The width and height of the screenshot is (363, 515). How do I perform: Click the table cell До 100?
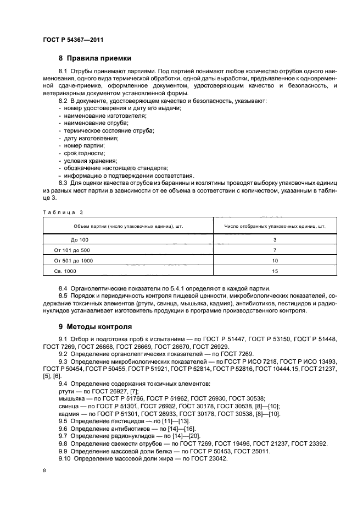pyautogui.click(x=79, y=240)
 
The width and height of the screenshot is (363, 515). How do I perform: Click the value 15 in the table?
pyautogui.click(x=275, y=271)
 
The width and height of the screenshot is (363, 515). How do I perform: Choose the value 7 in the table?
pyautogui.click(x=275, y=250)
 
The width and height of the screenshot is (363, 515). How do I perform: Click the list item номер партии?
pyautogui.click(x=83, y=146)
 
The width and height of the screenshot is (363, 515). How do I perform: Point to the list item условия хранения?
pyautogui.click(x=87, y=161)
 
